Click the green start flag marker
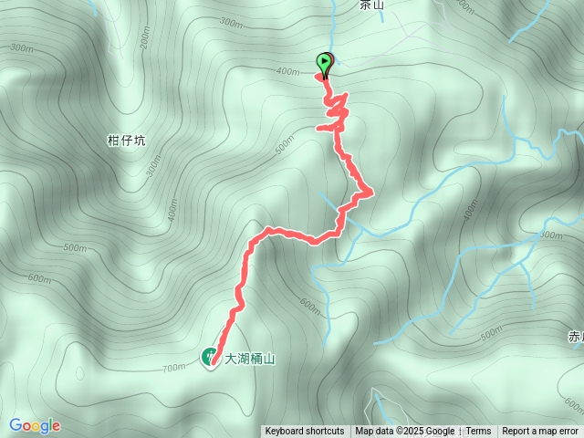tap(325, 62)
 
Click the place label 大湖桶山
tap(250, 359)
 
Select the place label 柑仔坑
tap(126, 141)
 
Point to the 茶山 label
tap(372, 5)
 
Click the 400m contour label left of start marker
tap(287, 71)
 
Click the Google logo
tap(35, 425)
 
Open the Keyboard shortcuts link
tap(305, 432)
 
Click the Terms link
tap(478, 432)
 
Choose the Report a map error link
tap(540, 432)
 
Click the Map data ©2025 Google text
tap(405, 432)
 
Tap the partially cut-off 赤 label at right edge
tap(576, 337)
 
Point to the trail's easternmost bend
tap(370, 191)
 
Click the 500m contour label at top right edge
tap(465, 6)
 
